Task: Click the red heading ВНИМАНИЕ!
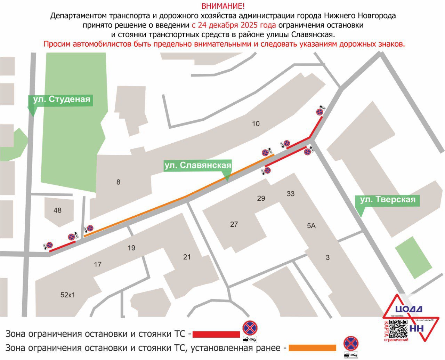[x=223, y=6]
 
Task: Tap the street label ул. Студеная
[x=61, y=99]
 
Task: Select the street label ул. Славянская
[x=198, y=166]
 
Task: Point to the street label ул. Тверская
[x=388, y=200]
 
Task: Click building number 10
[x=256, y=124]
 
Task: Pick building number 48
[x=57, y=210]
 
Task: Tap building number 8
[x=118, y=182]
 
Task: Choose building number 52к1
[x=68, y=295]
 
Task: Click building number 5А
[x=311, y=226]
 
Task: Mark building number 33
[x=291, y=194]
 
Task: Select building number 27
[x=234, y=224]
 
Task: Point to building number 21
[x=187, y=257]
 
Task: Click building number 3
[x=327, y=258]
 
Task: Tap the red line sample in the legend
[x=216, y=334]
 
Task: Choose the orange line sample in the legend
[x=313, y=348]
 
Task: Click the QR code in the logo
[x=398, y=329]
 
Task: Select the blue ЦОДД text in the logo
[x=409, y=309]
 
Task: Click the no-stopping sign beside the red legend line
[x=250, y=328]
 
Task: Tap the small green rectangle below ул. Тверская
[x=414, y=257]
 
